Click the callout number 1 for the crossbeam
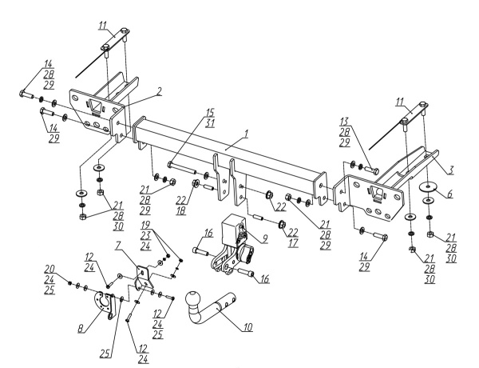tap(246, 134)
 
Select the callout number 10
tap(247, 327)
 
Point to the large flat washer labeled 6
tap(427, 186)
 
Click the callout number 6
tap(449, 194)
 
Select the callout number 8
tap(81, 329)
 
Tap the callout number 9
tap(265, 238)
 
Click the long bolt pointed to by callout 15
tap(183, 167)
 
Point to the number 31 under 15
tap(210, 122)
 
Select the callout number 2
tap(159, 91)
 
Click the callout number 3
tap(451, 170)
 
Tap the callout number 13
tap(344, 122)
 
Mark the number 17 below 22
tap(293, 243)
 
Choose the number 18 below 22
tap(181, 211)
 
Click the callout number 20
tap(49, 269)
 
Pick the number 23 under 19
tap(145, 235)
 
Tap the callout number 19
tap(145, 226)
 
